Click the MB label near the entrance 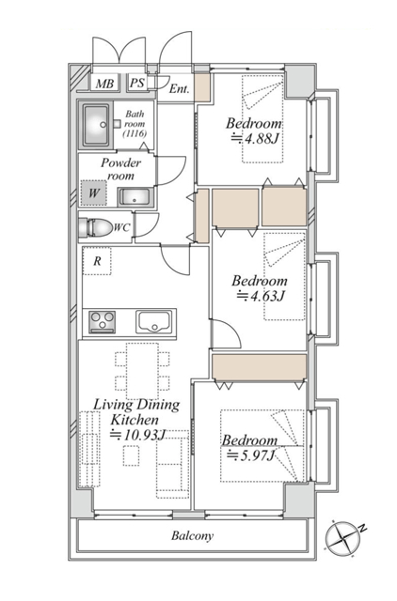click(x=104, y=84)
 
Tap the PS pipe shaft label click(x=136, y=83)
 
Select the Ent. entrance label click(x=180, y=89)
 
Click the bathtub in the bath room click(x=96, y=125)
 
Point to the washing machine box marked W click(x=93, y=193)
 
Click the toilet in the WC click(x=94, y=227)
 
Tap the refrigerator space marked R click(x=97, y=261)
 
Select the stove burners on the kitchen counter click(x=103, y=322)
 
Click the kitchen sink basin click(x=154, y=322)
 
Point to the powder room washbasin click(x=135, y=197)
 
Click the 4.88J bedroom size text click(x=255, y=138)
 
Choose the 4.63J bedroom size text click(x=261, y=296)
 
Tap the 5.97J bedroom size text click(x=250, y=455)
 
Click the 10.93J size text click(x=138, y=435)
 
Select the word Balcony click(x=192, y=535)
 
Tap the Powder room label click(x=120, y=169)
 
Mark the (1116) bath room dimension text click(x=135, y=133)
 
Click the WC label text click(x=121, y=227)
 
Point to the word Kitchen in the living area click(x=135, y=420)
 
